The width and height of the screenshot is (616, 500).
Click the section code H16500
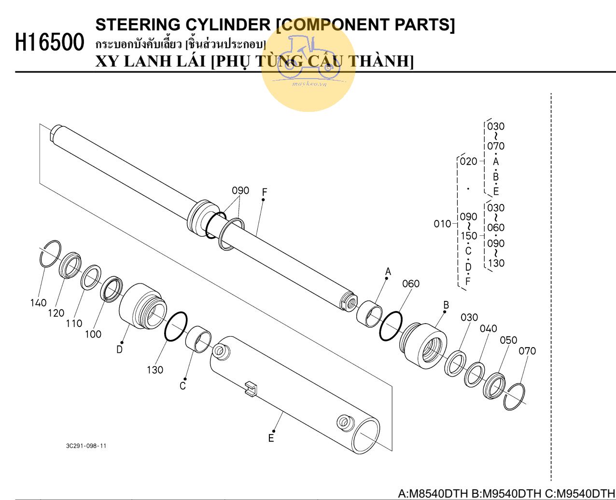tap(50, 42)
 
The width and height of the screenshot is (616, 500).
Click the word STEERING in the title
tap(139, 25)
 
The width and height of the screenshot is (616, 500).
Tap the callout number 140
tap(38, 303)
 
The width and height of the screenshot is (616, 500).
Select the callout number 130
tap(155, 370)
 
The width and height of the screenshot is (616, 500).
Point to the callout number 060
tap(411, 284)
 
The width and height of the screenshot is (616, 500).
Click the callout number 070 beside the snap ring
tap(527, 351)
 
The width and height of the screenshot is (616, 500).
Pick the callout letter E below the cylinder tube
tap(271, 438)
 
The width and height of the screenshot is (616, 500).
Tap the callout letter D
tap(119, 349)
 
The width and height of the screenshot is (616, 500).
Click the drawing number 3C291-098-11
tap(86, 446)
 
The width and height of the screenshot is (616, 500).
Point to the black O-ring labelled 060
tap(391, 325)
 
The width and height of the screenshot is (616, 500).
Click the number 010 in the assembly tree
tap(442, 224)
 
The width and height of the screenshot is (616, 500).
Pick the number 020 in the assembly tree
tap(468, 162)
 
